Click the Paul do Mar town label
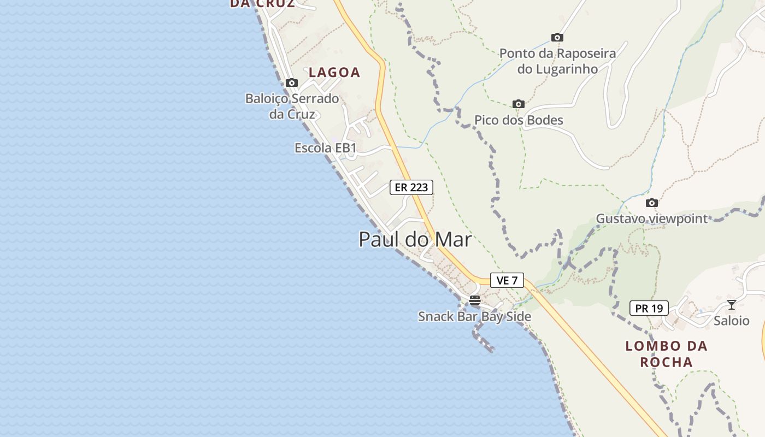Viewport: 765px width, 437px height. coord(415,239)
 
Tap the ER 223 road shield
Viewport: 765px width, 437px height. coord(411,187)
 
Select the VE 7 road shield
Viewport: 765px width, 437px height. coord(507,280)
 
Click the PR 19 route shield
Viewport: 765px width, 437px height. coord(649,308)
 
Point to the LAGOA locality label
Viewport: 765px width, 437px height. coord(334,72)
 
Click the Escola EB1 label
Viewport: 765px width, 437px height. coord(325,148)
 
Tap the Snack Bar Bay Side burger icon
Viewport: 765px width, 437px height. coord(474,300)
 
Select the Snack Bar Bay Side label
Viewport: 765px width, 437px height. coord(474,316)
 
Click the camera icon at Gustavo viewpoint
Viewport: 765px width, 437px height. coord(651,203)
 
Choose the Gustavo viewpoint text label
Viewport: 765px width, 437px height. coord(651,218)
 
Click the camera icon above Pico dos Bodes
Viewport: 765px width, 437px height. coord(518,104)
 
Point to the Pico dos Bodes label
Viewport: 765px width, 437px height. coord(518,120)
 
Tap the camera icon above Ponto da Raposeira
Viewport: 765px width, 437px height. coord(557,37)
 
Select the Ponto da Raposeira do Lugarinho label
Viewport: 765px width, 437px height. coord(557,61)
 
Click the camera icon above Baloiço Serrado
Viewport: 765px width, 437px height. coord(292,82)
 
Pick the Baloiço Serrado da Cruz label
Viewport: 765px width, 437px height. coord(292,107)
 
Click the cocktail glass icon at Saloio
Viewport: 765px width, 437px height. coord(731,304)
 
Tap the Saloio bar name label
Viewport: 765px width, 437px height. coord(731,321)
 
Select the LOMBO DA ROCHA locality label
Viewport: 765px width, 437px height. coord(666,353)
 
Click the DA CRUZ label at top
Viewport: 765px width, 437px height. coord(262,4)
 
